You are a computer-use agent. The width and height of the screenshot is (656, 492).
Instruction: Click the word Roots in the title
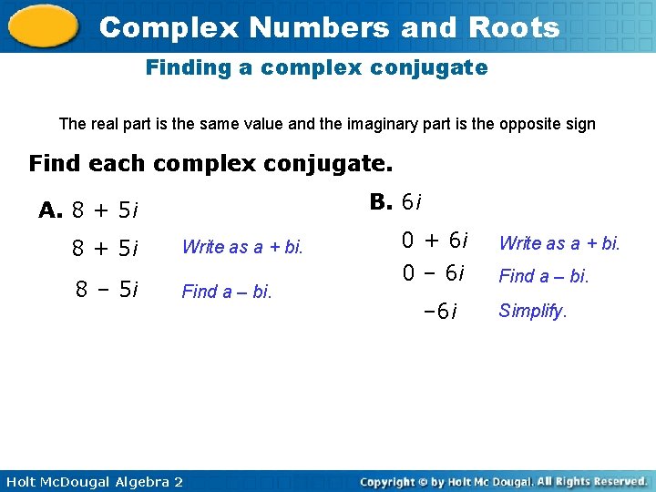514,27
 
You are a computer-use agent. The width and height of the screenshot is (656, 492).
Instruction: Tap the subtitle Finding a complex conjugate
316,67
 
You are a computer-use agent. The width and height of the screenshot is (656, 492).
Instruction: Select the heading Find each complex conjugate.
210,164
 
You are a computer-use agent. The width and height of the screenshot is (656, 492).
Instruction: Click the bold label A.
50,210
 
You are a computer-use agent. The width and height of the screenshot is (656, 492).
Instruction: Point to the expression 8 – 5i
107,290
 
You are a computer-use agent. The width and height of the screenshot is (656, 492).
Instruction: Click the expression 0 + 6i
436,241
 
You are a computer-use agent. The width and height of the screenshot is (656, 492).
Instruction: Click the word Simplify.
533,311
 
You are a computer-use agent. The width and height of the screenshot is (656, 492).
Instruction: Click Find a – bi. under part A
227,292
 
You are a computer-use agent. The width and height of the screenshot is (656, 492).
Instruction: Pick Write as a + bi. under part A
242,247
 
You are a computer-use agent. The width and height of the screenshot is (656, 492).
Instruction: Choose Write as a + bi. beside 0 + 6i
559,242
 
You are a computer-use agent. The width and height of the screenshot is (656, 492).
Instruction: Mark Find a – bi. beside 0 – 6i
544,274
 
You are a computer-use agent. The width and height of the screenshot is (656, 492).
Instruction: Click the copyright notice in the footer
503,481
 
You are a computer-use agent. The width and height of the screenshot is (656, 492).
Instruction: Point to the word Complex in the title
169,27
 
